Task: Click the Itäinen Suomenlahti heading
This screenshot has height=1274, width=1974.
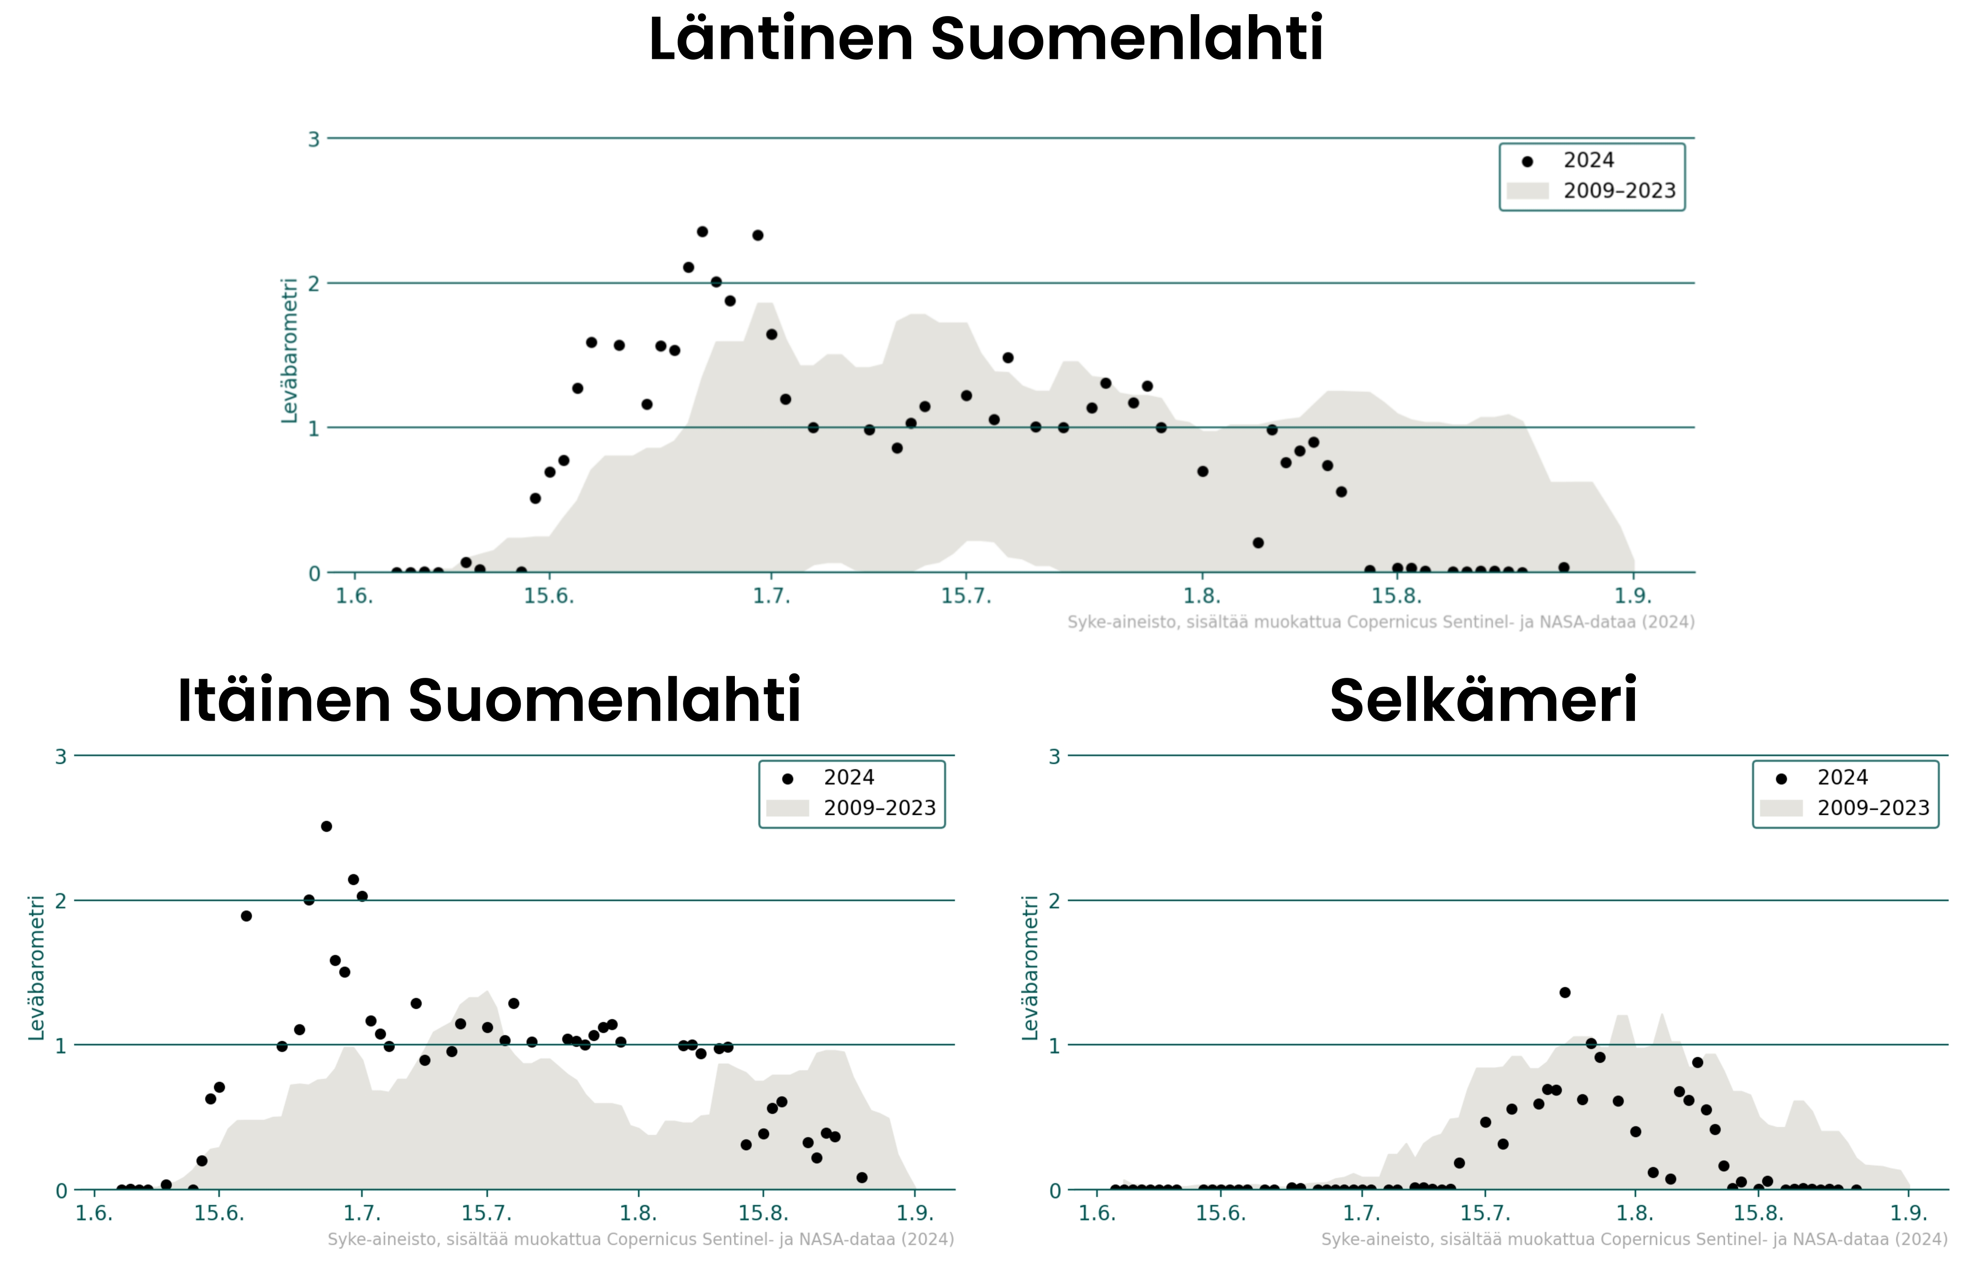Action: tap(489, 701)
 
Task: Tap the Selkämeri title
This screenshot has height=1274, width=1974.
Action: tap(1483, 701)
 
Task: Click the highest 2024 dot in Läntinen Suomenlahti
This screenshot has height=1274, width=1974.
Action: tap(702, 232)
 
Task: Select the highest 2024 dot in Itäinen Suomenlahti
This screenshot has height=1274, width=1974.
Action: tap(327, 826)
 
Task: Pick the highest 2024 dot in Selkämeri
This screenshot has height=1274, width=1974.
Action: tap(1565, 993)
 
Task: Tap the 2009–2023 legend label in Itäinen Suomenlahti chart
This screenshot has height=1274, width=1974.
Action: tap(879, 808)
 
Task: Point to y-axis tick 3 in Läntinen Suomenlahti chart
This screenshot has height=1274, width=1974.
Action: tap(313, 139)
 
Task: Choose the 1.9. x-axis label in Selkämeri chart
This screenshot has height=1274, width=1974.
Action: tap(1908, 1214)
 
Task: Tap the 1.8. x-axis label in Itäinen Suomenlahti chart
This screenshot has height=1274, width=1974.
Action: tap(638, 1214)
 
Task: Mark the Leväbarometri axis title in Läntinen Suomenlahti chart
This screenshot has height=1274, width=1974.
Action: tap(289, 351)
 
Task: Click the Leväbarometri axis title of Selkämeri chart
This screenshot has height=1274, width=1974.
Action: tap(1030, 968)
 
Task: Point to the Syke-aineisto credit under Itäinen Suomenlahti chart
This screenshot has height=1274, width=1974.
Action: tap(641, 1239)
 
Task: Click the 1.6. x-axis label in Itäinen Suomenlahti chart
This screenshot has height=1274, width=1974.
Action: tap(94, 1214)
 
